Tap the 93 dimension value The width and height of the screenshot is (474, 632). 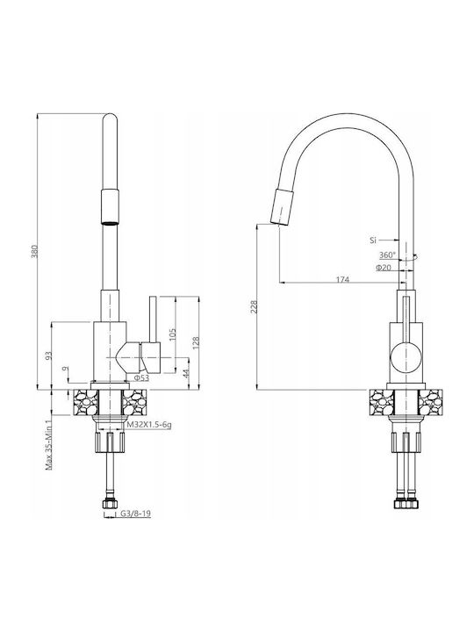(x=49, y=355)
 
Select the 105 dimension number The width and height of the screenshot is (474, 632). (x=173, y=335)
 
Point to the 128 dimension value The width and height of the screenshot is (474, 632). (x=197, y=343)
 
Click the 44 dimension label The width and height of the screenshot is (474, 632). (x=186, y=373)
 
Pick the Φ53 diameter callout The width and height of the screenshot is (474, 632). (x=141, y=377)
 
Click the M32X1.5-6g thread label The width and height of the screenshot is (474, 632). (x=148, y=425)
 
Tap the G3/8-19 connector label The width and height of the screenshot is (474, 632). (x=135, y=513)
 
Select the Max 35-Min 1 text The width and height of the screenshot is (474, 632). (x=49, y=444)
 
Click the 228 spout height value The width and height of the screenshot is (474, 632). (x=254, y=306)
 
